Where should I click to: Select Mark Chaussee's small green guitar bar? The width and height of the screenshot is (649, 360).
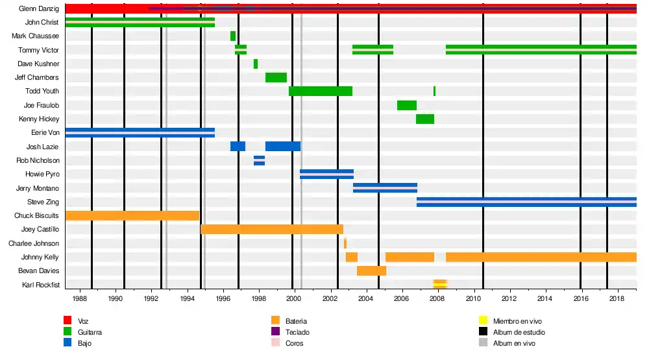click(x=233, y=36)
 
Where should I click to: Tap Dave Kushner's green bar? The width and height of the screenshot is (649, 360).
click(x=256, y=64)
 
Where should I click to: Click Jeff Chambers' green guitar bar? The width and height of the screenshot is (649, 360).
click(x=276, y=78)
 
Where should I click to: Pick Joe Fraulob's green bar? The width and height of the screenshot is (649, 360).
click(x=407, y=105)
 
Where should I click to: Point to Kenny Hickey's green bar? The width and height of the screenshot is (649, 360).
click(x=425, y=119)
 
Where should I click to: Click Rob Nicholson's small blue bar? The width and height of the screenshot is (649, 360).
click(x=259, y=160)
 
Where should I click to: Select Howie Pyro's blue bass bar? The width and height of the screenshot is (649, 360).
click(x=326, y=174)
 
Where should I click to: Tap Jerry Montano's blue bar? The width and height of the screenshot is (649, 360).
click(x=385, y=188)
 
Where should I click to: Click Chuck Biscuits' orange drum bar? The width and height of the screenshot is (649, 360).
click(x=132, y=215)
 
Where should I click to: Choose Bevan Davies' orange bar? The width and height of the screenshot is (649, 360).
click(x=371, y=270)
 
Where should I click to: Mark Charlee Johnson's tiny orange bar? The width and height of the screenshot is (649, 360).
click(x=345, y=243)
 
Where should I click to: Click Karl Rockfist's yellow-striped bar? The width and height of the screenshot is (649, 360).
click(x=440, y=284)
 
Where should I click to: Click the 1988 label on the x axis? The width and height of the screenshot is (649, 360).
click(x=80, y=299)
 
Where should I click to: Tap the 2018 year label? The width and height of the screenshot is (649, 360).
click(x=617, y=299)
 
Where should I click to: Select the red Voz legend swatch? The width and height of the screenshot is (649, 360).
click(x=67, y=320)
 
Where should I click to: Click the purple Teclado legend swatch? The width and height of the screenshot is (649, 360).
click(x=275, y=331)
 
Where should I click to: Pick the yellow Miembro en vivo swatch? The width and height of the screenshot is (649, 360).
click(x=482, y=320)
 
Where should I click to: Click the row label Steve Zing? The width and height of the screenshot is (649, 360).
click(x=45, y=202)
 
